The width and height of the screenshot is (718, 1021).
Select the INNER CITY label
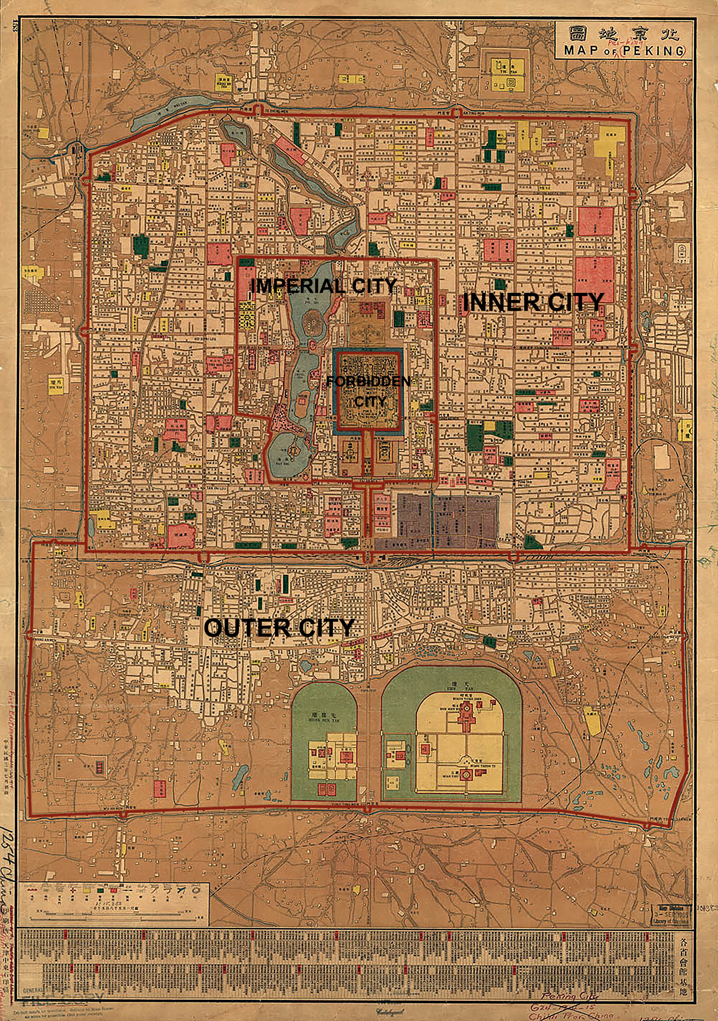click(x=533, y=303)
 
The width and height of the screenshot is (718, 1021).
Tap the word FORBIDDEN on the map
click(x=368, y=382)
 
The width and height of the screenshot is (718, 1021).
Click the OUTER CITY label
click(x=279, y=628)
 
